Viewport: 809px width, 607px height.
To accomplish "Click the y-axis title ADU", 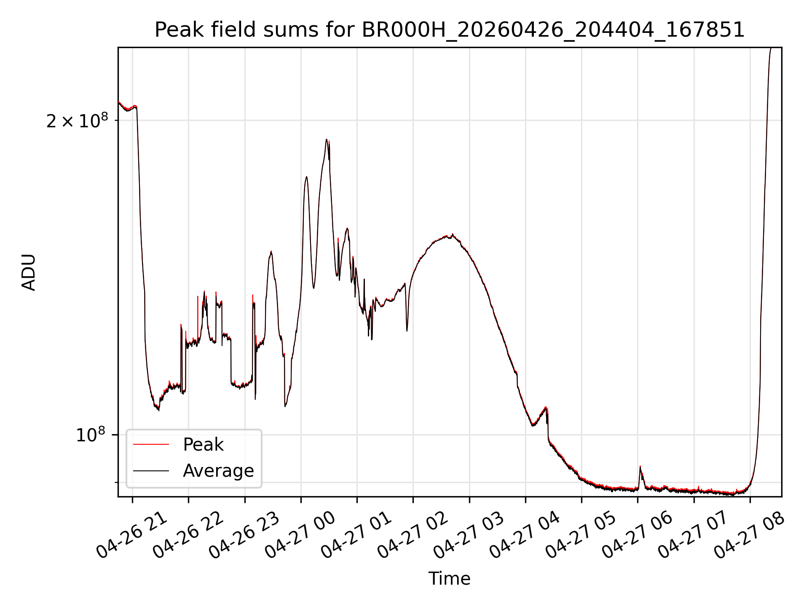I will [x=29, y=272].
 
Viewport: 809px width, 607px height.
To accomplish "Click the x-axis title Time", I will [x=449, y=579].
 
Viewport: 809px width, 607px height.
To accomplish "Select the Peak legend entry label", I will [x=203, y=445].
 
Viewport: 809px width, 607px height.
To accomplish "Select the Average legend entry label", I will [x=218, y=471].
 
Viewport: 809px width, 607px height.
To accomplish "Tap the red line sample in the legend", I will [x=151, y=445].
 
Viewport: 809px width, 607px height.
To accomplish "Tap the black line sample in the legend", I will [x=151, y=471].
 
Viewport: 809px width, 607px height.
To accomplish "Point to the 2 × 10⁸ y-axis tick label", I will [x=77, y=121].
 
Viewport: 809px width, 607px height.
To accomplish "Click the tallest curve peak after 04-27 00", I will [x=327, y=140].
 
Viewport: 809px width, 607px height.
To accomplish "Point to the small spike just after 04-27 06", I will [x=640, y=467].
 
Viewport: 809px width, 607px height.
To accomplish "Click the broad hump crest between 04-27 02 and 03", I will [x=452, y=235].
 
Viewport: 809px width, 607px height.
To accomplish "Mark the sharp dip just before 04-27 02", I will [x=407, y=330].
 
